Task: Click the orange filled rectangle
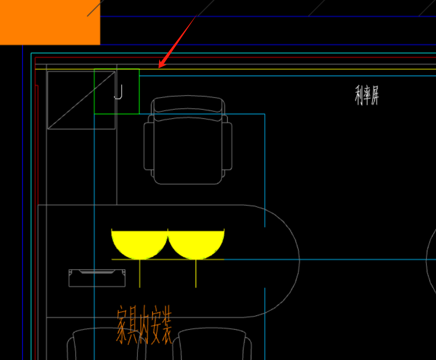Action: [50, 22]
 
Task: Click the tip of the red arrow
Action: [159, 67]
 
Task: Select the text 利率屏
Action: [367, 95]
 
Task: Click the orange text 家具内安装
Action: [144, 325]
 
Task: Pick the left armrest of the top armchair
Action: [148, 146]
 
